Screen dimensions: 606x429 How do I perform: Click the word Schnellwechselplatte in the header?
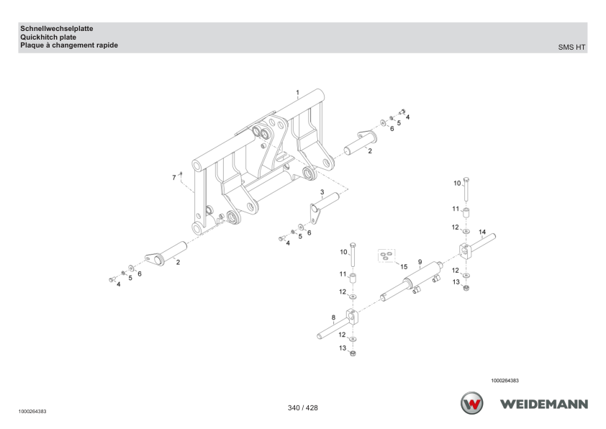(56, 29)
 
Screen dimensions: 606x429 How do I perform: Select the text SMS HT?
(571, 48)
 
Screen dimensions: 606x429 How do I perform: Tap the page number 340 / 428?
(302, 407)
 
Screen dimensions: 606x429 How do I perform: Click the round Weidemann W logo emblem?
(471, 403)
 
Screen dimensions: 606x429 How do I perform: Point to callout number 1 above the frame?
(297, 93)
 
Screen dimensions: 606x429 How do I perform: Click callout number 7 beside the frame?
(174, 178)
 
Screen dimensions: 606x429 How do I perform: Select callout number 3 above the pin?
(322, 192)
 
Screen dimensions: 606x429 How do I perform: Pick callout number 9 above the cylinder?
(420, 262)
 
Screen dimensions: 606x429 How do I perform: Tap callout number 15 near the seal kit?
(404, 266)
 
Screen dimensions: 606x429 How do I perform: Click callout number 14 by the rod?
(482, 232)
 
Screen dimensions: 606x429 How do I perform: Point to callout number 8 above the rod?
(333, 317)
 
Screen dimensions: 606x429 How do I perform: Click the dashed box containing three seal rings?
(386, 256)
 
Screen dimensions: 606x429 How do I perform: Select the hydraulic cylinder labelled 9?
(412, 281)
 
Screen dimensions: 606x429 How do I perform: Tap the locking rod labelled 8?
(338, 324)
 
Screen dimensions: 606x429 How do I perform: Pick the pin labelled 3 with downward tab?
(324, 207)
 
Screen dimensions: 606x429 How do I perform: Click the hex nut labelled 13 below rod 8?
(353, 353)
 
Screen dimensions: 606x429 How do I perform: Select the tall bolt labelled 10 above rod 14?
(466, 189)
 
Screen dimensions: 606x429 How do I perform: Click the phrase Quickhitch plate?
(48, 37)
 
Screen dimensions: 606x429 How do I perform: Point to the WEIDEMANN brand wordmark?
(544, 405)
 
